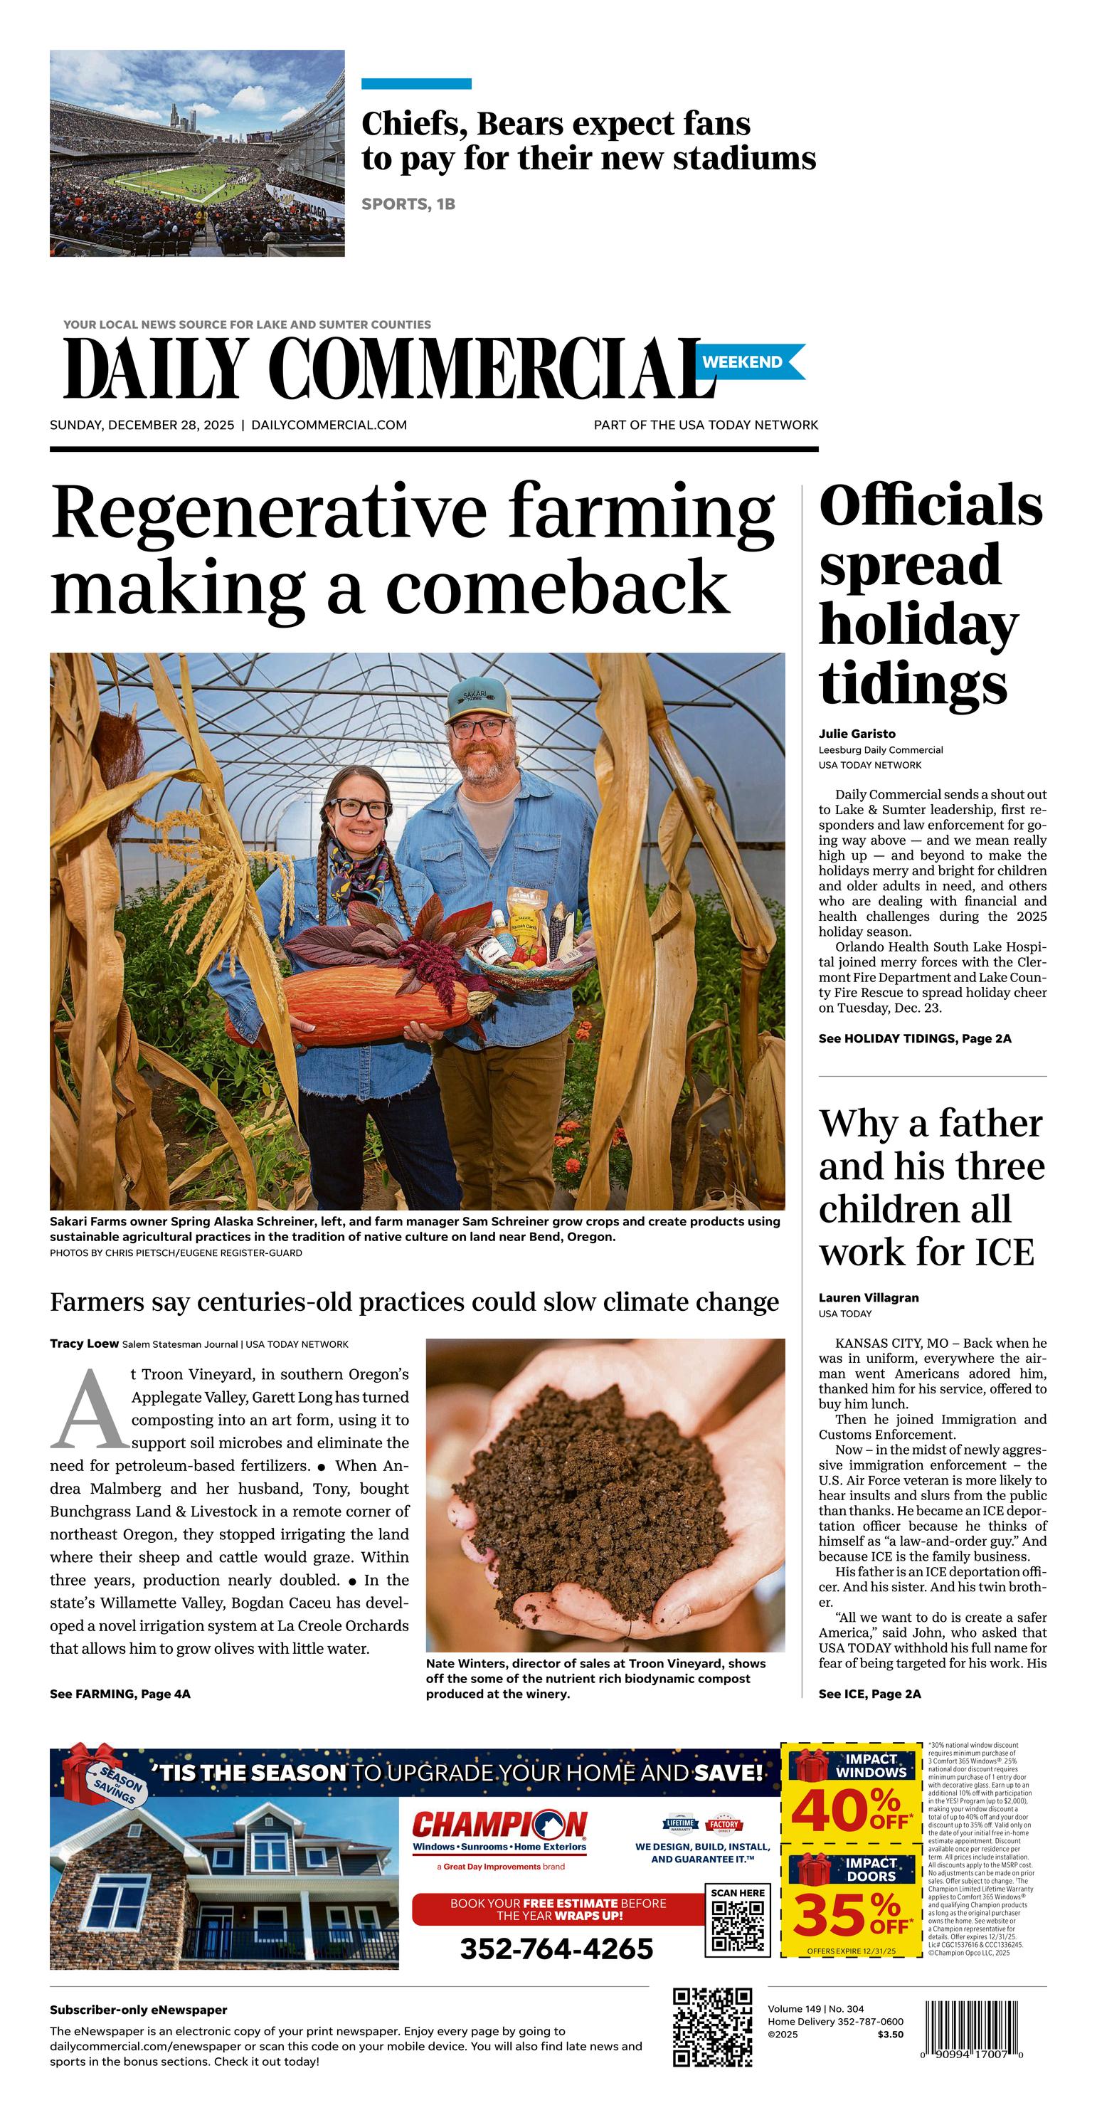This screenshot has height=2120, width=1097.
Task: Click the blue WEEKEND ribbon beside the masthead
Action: click(x=750, y=362)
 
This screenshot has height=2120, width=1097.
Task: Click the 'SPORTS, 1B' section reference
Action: click(x=408, y=204)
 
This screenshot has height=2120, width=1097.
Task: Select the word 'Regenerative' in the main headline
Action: click(x=268, y=512)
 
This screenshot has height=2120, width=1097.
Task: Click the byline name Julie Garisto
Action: click(x=857, y=733)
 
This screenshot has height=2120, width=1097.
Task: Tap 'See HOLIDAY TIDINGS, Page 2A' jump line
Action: click(x=914, y=1038)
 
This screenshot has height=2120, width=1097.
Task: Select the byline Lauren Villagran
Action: click(x=868, y=1298)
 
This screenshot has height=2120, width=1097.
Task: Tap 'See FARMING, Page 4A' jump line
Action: click(x=120, y=1694)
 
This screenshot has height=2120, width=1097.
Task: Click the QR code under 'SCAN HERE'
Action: click(x=736, y=1926)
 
